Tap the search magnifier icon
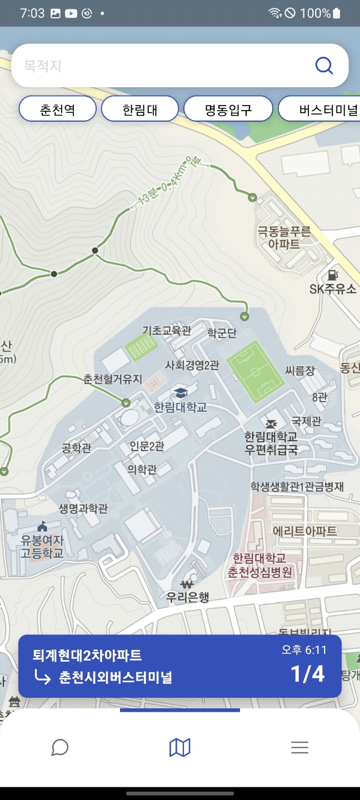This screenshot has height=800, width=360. (324, 66)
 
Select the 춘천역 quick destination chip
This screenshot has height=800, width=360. (57, 109)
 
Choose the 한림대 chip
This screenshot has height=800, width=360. (140, 109)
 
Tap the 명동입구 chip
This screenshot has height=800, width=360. (228, 109)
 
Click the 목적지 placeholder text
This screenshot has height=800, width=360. (42, 66)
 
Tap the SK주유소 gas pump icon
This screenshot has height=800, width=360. (333, 274)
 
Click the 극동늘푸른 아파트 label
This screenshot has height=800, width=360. (284, 237)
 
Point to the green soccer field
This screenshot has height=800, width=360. (256, 371)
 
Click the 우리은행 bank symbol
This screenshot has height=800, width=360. (187, 584)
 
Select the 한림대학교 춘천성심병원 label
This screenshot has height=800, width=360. (260, 565)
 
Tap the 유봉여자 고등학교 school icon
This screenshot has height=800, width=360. (42, 526)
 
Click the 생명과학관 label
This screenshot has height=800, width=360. (83, 508)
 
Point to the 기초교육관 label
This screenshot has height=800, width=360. (167, 331)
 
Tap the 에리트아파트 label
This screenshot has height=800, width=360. (305, 531)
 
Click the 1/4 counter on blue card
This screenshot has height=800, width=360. (307, 673)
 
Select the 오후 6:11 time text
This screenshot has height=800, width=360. (304, 650)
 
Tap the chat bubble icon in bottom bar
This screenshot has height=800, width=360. (59, 747)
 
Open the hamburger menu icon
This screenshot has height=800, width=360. (299, 747)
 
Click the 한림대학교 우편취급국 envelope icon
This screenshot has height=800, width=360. (272, 423)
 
